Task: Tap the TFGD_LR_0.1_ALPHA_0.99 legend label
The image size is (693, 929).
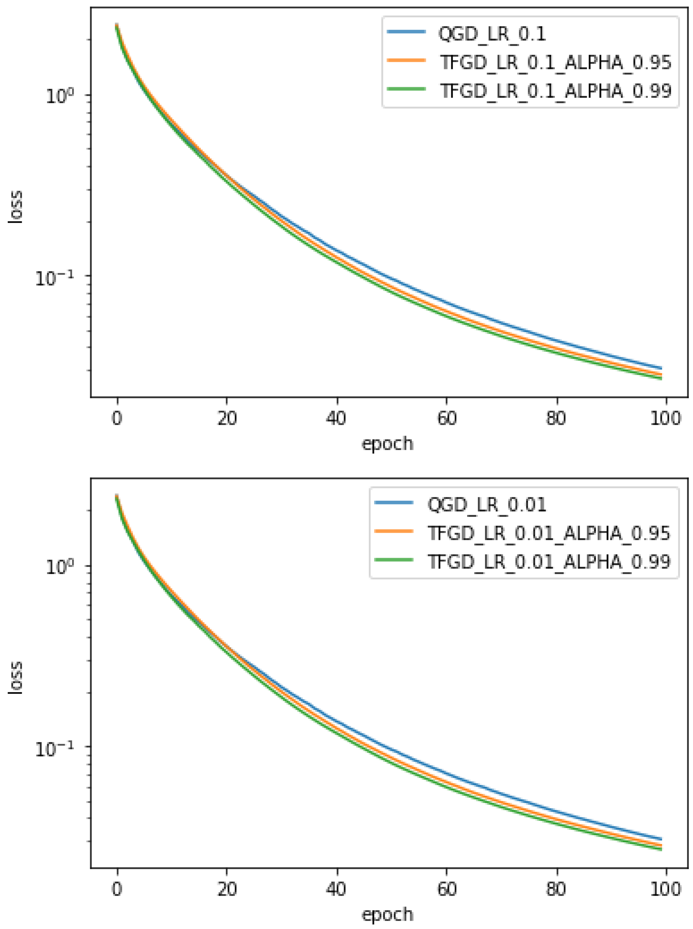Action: coord(555,91)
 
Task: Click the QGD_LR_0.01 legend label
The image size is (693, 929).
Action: coord(487,504)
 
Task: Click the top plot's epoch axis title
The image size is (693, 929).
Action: coord(387,444)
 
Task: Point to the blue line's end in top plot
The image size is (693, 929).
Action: coord(661,368)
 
